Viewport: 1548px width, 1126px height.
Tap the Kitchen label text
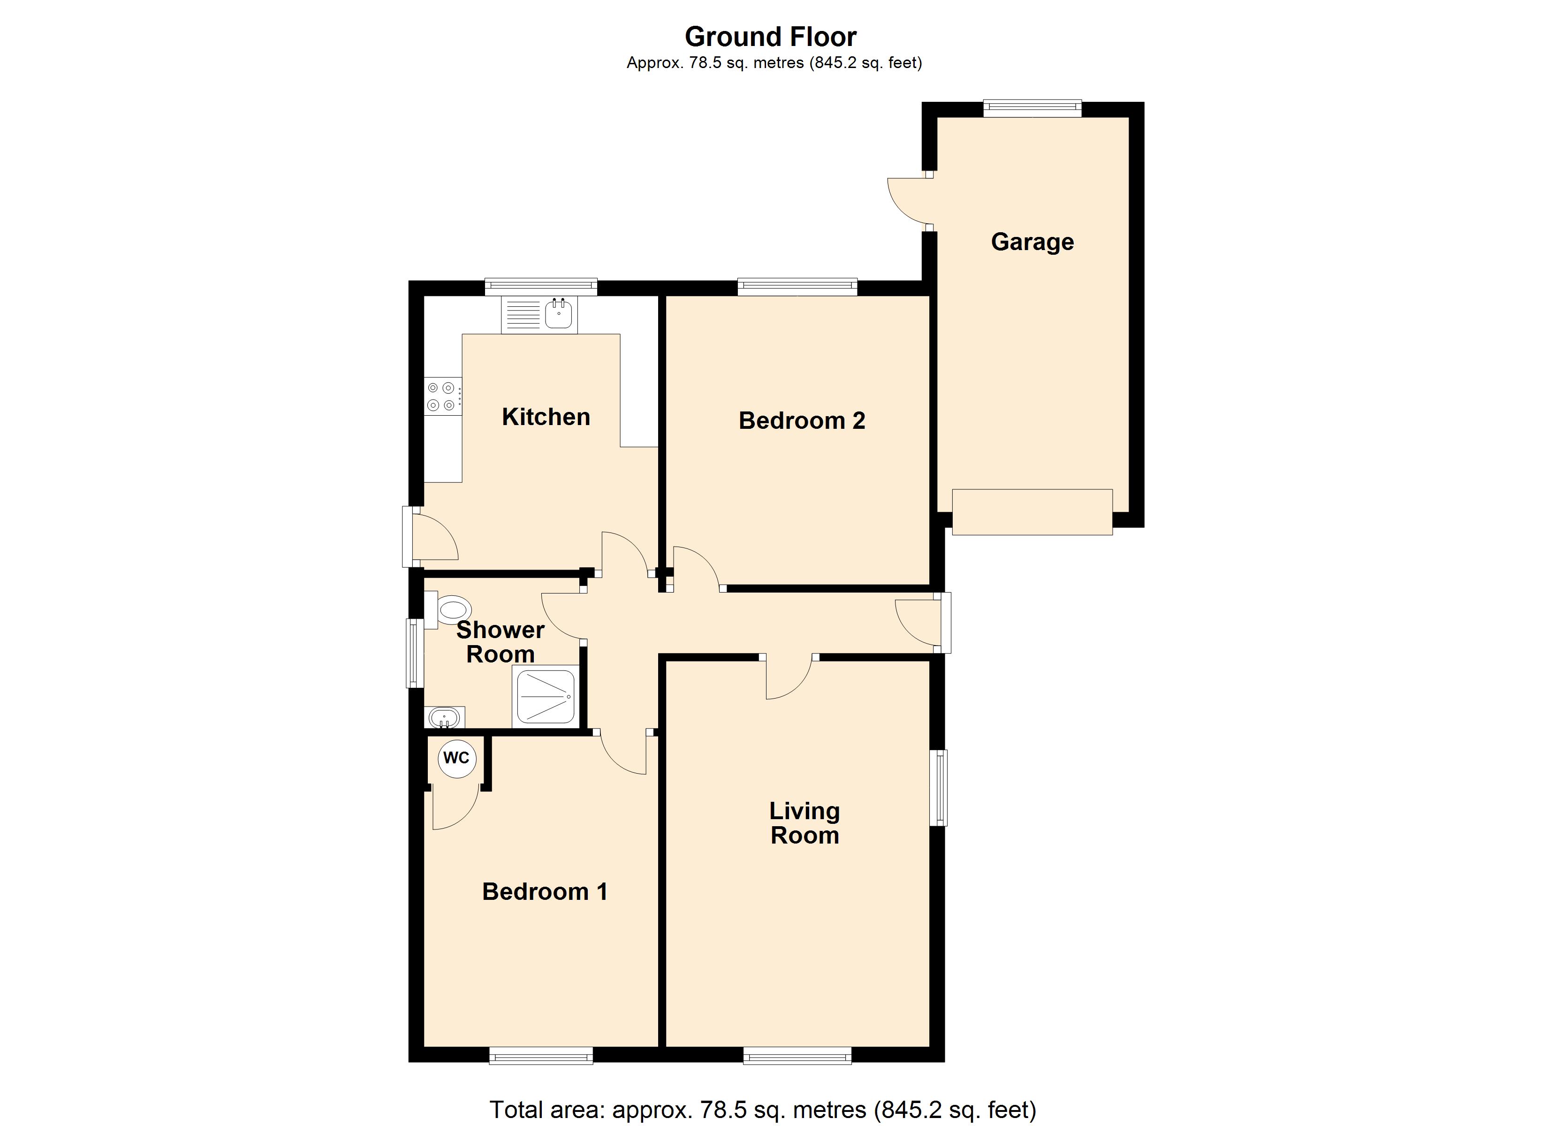(546, 417)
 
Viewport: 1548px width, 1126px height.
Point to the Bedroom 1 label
(545, 891)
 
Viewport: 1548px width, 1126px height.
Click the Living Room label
(804, 823)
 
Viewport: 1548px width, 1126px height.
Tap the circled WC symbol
(456, 759)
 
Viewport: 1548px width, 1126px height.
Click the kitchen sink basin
(558, 315)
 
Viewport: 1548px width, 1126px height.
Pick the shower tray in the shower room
(546, 697)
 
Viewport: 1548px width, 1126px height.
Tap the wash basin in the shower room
(444, 718)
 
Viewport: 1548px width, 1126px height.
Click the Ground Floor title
(771, 37)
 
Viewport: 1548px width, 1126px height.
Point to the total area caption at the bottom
(763, 1110)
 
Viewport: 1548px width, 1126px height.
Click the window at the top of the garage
(1032, 108)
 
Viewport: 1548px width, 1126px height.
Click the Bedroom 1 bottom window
(540, 1056)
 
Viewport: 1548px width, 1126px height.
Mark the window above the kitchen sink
(540, 287)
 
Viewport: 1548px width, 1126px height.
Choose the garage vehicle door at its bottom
(1032, 512)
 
